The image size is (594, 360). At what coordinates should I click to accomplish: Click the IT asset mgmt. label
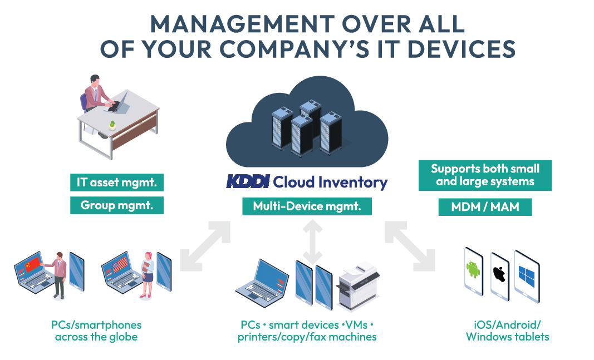point(117,183)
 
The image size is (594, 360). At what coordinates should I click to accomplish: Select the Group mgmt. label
point(117,205)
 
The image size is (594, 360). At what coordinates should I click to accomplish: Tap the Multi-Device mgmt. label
point(307,206)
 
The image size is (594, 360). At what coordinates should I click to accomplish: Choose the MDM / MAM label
point(485,207)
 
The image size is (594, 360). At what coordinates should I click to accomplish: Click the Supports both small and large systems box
point(485,175)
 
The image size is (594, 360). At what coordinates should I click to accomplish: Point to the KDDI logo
point(248,181)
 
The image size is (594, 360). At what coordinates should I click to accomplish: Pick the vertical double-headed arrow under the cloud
point(312,242)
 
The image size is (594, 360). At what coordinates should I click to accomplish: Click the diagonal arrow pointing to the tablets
point(410,246)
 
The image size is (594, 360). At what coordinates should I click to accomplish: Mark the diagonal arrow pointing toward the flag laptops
point(205,246)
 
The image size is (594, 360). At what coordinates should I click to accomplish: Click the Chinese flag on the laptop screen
point(32,264)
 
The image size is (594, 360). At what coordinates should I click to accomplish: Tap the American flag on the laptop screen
point(120,264)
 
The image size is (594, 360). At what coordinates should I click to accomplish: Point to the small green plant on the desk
point(112,125)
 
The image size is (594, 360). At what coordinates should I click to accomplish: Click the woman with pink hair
point(147,274)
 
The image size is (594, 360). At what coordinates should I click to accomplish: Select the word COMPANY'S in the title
point(294,49)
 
